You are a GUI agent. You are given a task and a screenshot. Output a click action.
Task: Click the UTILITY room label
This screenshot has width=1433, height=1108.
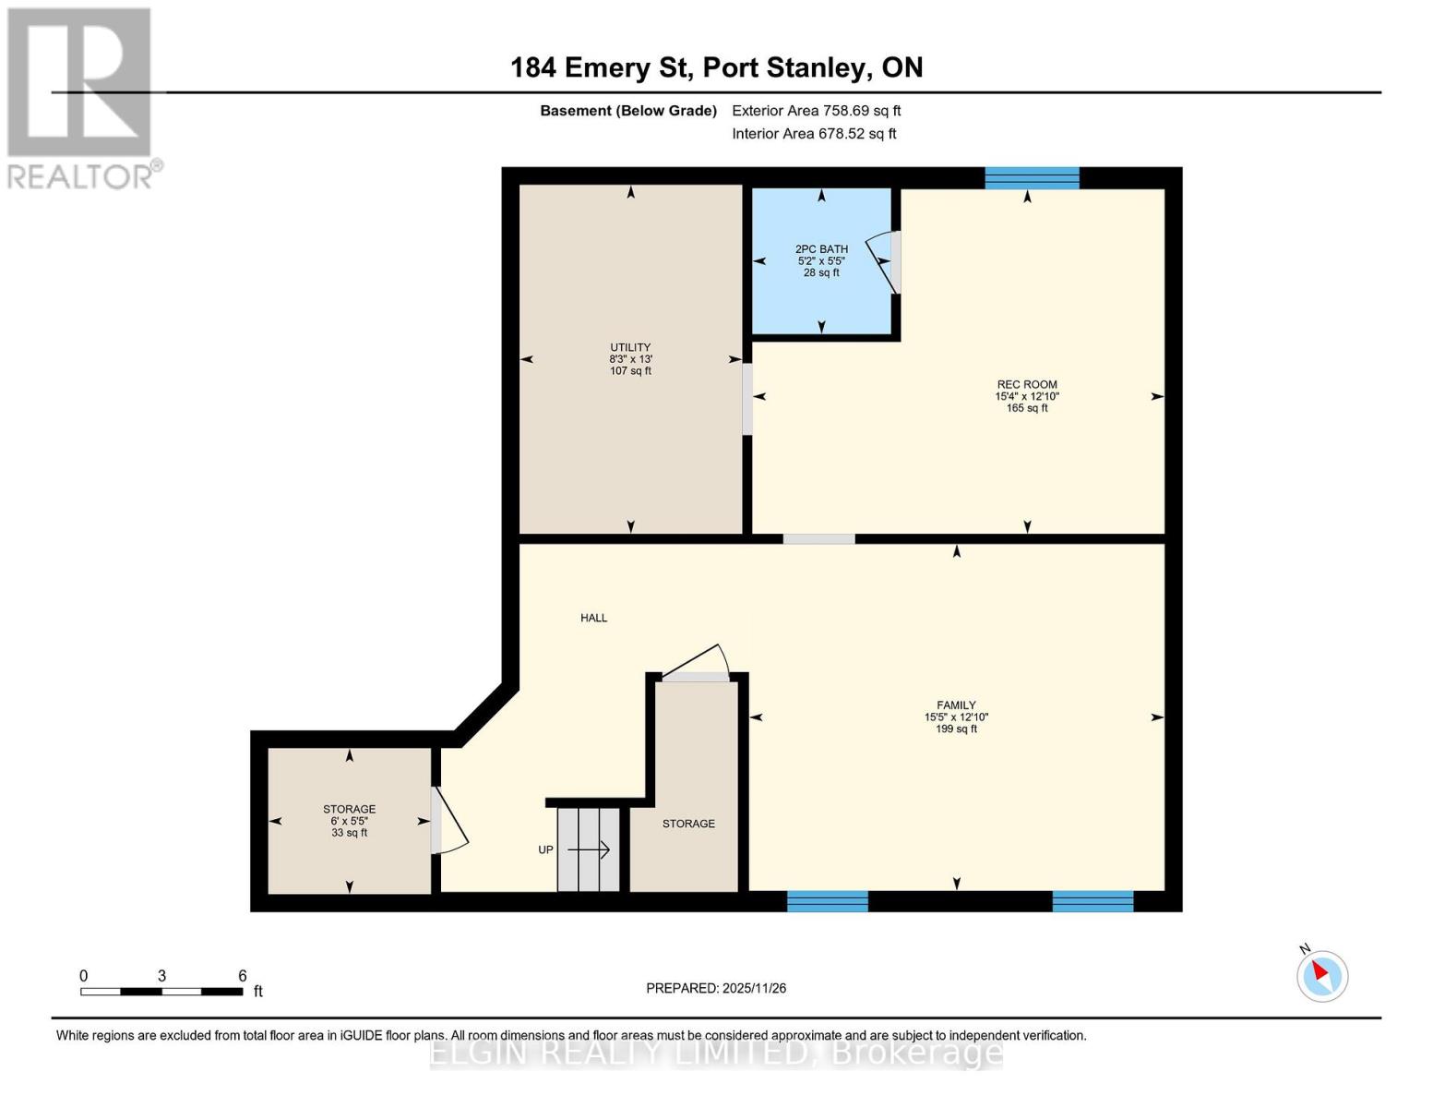[x=630, y=347]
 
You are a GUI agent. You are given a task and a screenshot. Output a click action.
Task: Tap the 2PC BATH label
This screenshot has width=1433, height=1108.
[x=821, y=249]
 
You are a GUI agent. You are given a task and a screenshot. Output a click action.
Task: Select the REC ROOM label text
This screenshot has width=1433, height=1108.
[x=1026, y=384]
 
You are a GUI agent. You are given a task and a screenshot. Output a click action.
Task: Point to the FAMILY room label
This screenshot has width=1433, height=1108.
[x=956, y=705]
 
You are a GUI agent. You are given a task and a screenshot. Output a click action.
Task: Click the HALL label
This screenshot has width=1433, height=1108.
[x=593, y=618]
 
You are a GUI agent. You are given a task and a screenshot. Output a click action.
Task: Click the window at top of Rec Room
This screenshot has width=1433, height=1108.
[x=1032, y=178]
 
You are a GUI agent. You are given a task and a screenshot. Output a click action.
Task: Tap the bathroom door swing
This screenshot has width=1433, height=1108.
[x=884, y=262]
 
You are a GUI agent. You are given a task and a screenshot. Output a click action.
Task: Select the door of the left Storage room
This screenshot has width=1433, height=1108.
[x=448, y=821]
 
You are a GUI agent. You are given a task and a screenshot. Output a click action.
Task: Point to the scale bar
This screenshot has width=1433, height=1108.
[x=161, y=991]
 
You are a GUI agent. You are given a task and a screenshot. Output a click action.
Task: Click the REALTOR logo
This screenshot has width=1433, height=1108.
[x=80, y=97]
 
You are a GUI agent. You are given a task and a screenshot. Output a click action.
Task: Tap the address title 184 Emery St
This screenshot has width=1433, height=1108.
[x=716, y=67]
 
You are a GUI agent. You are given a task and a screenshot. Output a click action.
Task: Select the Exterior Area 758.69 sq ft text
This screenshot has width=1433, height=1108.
[x=816, y=111]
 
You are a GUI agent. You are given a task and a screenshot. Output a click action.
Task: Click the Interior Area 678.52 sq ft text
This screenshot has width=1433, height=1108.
[x=814, y=134]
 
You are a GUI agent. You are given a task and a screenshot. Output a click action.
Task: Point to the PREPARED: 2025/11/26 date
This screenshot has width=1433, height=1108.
[x=716, y=988]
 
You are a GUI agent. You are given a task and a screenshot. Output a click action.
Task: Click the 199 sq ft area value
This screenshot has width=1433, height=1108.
[x=956, y=729]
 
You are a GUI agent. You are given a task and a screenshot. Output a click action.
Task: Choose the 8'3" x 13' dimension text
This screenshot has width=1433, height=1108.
[x=630, y=359]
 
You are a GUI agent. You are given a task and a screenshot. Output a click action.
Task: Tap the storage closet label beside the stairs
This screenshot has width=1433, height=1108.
[x=688, y=824]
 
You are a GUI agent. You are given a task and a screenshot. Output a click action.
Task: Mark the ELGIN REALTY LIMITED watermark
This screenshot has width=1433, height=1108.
[x=716, y=1053]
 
